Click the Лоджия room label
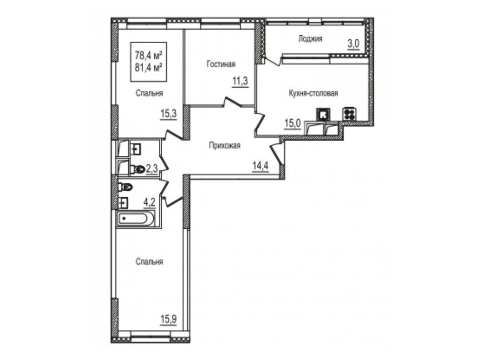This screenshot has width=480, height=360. click(310, 39)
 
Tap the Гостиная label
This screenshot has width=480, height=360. click(221, 64)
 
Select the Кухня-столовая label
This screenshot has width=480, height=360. click(313, 93)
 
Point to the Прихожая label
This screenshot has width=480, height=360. click(225, 145)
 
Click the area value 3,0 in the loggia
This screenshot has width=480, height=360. click(353, 44)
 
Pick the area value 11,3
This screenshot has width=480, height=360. click(240, 82)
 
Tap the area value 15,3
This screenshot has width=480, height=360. click(169, 114)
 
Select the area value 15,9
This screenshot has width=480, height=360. click(168, 319)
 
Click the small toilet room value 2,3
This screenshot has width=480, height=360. click(152, 168)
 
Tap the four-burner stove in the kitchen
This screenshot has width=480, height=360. click(350, 114)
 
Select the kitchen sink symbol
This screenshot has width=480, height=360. click(323, 114)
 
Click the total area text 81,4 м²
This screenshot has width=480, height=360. click(149, 67)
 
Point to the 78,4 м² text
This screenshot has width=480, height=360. click(149, 56)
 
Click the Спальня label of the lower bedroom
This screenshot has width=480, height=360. click(150, 262)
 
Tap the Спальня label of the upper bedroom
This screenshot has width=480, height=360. click(150, 93)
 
